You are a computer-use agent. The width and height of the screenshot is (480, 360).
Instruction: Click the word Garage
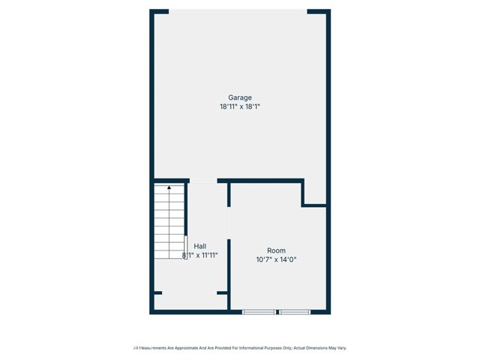(240, 97)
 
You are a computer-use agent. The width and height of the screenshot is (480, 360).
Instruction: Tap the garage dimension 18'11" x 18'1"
(240, 106)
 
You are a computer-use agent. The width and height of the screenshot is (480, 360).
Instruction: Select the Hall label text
(199, 246)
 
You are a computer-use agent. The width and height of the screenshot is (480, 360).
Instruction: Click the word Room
(276, 250)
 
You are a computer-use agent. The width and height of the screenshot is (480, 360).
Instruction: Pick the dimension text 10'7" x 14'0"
(276, 259)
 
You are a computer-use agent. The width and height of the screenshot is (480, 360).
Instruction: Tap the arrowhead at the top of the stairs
(169, 187)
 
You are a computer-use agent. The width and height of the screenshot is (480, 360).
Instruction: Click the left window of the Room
(259, 311)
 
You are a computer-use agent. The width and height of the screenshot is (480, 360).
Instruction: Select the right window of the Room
(295, 311)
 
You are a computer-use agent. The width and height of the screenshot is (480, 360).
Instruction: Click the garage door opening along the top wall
(238, 10)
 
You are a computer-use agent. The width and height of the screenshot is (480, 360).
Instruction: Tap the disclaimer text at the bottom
(240, 348)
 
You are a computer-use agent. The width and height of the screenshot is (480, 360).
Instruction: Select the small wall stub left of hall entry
(157, 292)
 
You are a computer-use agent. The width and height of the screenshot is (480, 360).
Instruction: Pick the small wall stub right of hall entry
(222, 292)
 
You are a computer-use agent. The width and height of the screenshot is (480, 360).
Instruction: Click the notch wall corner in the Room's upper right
(304, 204)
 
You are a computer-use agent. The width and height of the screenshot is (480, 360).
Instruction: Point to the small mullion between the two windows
(277, 311)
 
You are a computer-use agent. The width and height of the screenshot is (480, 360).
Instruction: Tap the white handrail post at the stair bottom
(186, 247)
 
